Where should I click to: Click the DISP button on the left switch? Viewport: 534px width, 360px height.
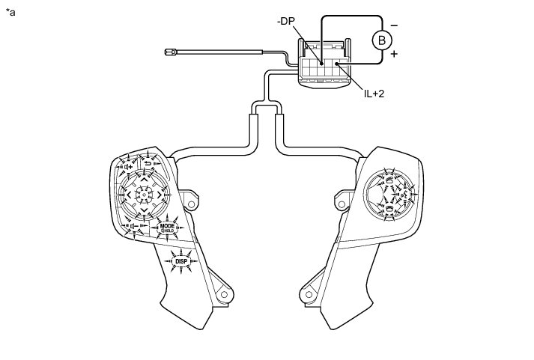pyautogui.click(x=180, y=260)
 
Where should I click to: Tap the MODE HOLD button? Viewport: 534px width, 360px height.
pyautogui.click(x=166, y=228)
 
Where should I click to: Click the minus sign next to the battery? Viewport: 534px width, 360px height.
pyautogui.click(x=395, y=25)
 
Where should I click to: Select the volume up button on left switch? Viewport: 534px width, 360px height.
pyautogui.click(x=128, y=167)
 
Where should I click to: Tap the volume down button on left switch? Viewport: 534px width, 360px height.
pyautogui.click(x=133, y=225)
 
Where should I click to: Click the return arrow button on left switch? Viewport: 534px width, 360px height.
pyautogui.click(x=148, y=163)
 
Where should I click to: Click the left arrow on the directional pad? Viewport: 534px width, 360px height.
pyautogui.click(x=129, y=194)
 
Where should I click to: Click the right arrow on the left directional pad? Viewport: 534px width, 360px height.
pyautogui.click(x=160, y=194)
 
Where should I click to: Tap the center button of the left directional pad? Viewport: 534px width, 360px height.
pyautogui.click(x=144, y=194)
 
